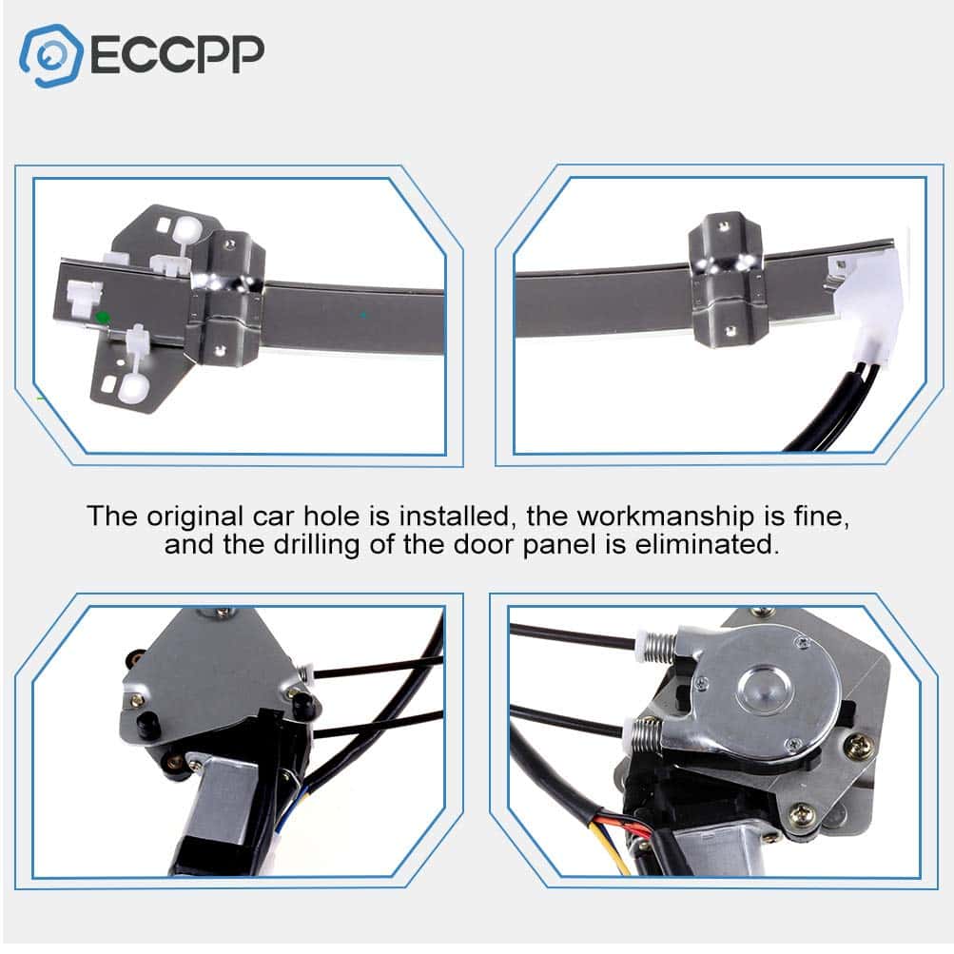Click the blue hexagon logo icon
(x=50, y=56)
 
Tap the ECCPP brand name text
(x=177, y=55)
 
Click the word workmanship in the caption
(x=665, y=516)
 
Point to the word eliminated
(x=707, y=544)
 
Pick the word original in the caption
(x=195, y=516)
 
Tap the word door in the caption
(x=485, y=544)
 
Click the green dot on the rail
(x=102, y=317)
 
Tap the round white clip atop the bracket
(x=187, y=229)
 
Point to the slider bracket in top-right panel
(x=726, y=279)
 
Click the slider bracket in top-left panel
(x=225, y=298)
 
